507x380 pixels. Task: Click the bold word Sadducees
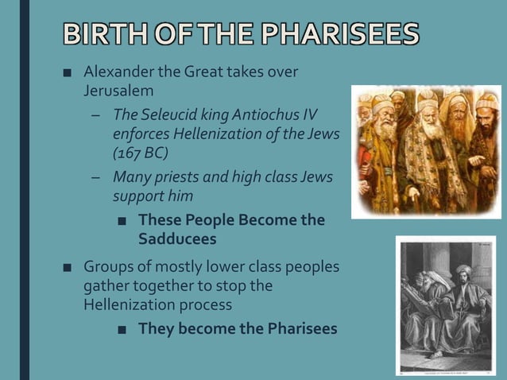176,238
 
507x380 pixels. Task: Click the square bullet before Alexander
68,73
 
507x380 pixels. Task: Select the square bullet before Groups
68,268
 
